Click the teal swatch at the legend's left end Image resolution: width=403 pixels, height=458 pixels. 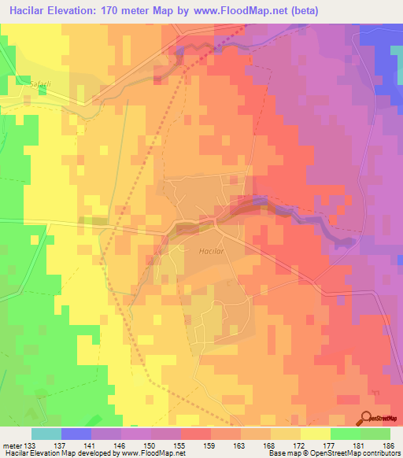click(x=46, y=434)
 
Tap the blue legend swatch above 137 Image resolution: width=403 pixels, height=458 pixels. click(x=76, y=434)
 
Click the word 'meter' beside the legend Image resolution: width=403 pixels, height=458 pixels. click(x=10, y=445)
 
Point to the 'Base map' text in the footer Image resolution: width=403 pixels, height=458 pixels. click(x=284, y=453)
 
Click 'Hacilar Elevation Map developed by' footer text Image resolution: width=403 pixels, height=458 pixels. click(x=56, y=453)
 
